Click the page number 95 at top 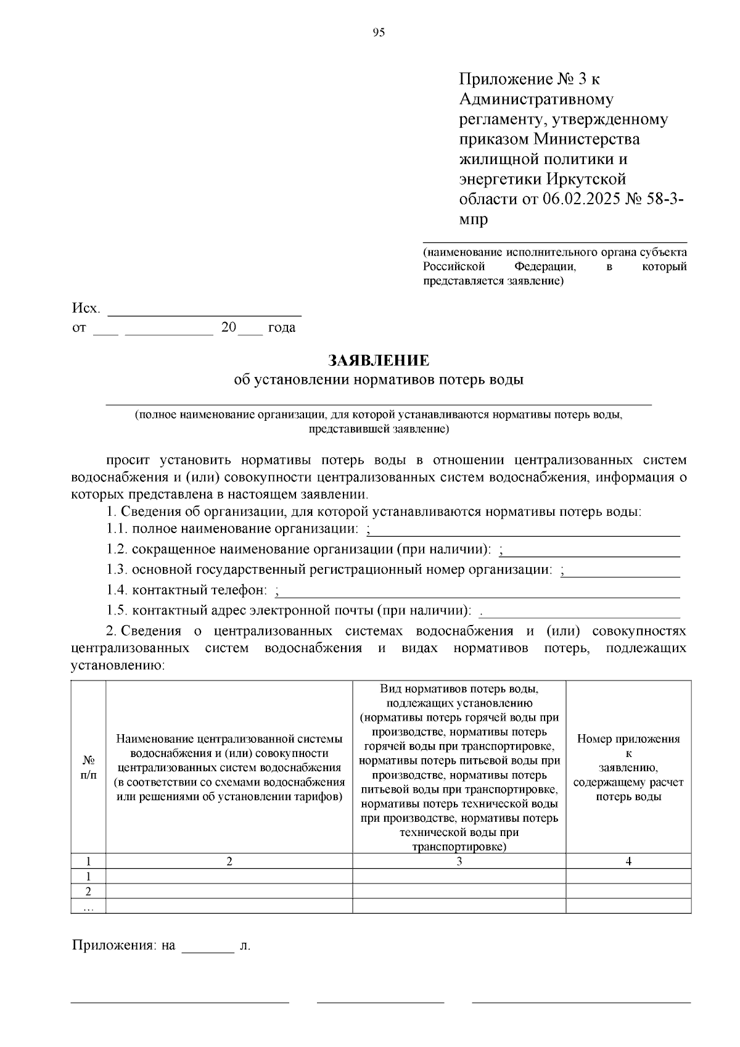coord(379,33)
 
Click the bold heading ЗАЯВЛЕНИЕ coord(379,360)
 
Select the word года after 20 coord(282,328)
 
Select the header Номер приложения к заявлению coord(628,768)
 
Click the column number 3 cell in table coord(459,862)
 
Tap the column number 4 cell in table coord(628,862)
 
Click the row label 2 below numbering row coord(88,892)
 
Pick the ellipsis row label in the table coord(88,906)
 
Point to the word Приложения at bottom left coord(115,946)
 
